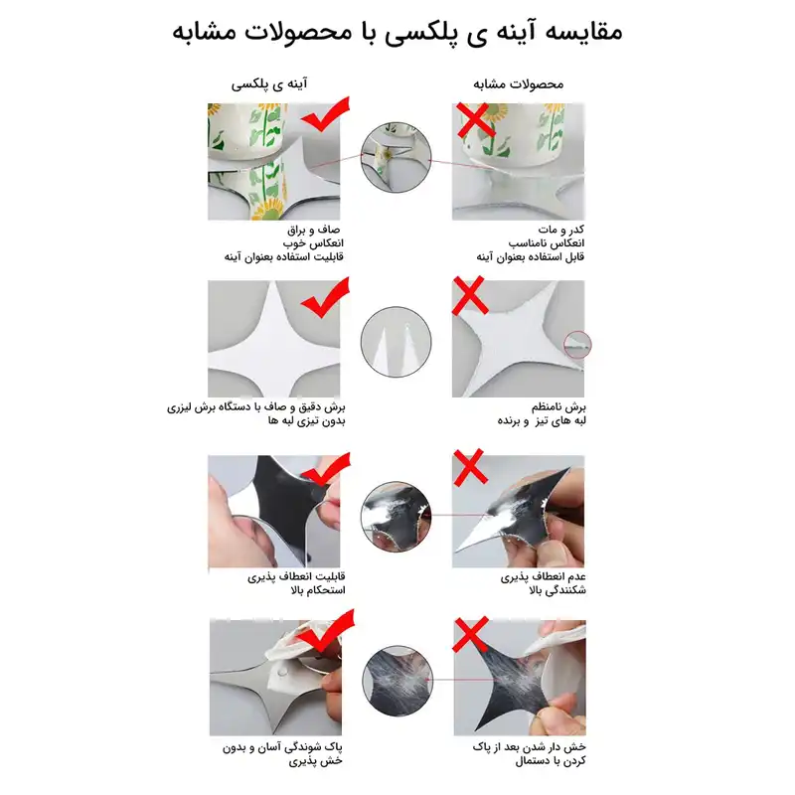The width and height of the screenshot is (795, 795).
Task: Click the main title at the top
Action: click(397, 31)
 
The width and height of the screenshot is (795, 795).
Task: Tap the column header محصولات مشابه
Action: click(516, 84)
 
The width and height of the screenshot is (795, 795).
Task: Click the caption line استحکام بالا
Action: click(316, 590)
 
